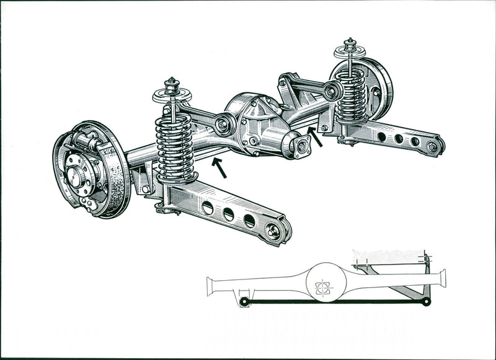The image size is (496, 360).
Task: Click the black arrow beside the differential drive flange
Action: [x=315, y=137]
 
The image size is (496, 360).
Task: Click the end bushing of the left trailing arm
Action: [x=273, y=231]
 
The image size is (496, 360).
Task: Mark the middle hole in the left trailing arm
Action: [x=228, y=214]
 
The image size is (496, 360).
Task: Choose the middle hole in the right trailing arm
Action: [x=399, y=139]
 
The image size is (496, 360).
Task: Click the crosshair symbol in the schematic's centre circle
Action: [x=322, y=288]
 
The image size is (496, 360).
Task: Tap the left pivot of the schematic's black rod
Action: [x=244, y=302]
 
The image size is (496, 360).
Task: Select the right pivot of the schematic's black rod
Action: [x=425, y=302]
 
